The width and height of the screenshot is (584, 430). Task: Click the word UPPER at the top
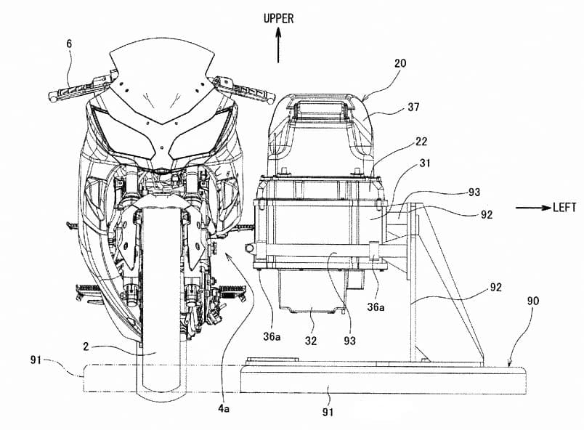coord(279,19)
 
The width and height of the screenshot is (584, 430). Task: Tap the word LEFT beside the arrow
coord(564,207)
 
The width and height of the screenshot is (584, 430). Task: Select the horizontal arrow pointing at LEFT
coord(533,208)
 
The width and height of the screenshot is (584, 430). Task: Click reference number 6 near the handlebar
coord(69,44)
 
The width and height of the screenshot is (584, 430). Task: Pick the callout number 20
coord(400,63)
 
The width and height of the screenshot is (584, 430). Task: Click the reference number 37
coord(413,107)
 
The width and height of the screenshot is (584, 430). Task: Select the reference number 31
coord(424,163)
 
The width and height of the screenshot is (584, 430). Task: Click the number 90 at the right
coord(532,301)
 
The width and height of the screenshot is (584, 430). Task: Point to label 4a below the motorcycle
coord(224,409)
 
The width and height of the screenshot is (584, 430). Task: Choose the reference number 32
coord(311,341)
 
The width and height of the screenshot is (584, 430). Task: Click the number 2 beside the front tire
coord(86,346)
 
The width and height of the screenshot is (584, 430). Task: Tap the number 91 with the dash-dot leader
coord(36,360)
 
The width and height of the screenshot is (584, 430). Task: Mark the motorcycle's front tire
coord(161,304)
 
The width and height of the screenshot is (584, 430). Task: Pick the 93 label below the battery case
coord(349,341)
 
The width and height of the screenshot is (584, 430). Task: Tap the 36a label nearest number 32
coord(272,336)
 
